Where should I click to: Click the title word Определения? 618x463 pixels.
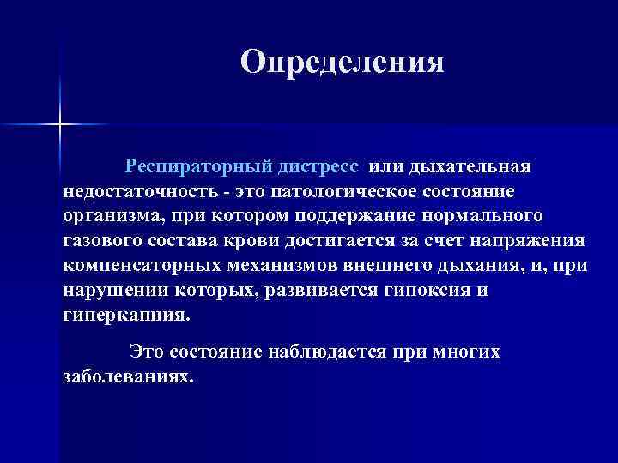[342, 63]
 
